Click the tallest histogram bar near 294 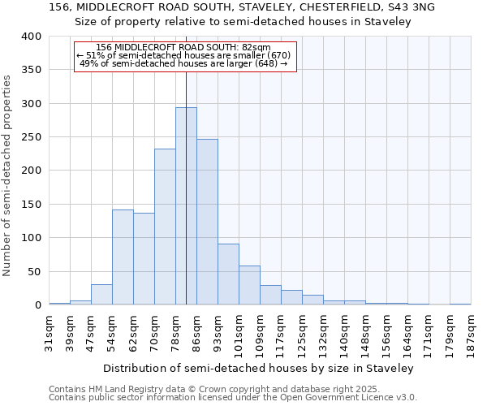pyautogui.click(x=186, y=206)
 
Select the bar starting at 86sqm pyautogui.click(x=207, y=222)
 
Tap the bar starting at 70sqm pyautogui.click(x=165, y=227)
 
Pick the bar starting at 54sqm pyautogui.click(x=123, y=257)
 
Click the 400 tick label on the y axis pyautogui.click(x=32, y=37)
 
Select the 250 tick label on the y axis pyautogui.click(x=32, y=137)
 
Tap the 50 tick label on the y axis pyautogui.click(x=35, y=271)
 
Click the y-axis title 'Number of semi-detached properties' pyautogui.click(x=8, y=175)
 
